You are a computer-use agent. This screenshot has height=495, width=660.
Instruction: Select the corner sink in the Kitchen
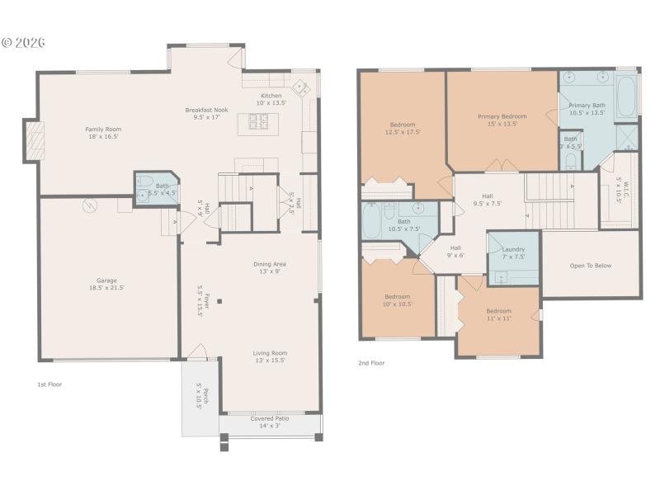coord(302,85)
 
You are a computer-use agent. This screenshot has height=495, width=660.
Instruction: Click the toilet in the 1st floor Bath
coord(143,181)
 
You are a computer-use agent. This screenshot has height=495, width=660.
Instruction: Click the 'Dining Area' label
coord(270,264)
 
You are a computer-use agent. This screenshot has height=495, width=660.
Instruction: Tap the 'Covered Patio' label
coord(270,418)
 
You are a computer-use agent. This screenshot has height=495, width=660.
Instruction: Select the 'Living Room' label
coord(270,352)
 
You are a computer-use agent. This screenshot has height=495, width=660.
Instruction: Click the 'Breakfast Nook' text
coord(206,110)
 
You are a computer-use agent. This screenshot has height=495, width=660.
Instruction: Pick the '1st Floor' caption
coord(49,384)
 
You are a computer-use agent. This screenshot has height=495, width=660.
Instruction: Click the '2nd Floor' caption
coord(371,362)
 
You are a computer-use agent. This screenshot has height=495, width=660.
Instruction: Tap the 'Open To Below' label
coord(591,266)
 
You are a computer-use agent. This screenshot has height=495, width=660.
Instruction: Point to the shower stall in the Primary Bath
coord(626,135)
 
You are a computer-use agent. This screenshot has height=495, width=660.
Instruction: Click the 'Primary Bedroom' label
coord(502,116)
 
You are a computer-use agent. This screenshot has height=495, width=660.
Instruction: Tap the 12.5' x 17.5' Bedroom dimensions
coord(403,133)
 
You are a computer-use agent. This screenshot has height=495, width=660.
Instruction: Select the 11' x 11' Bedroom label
coord(498,318)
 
